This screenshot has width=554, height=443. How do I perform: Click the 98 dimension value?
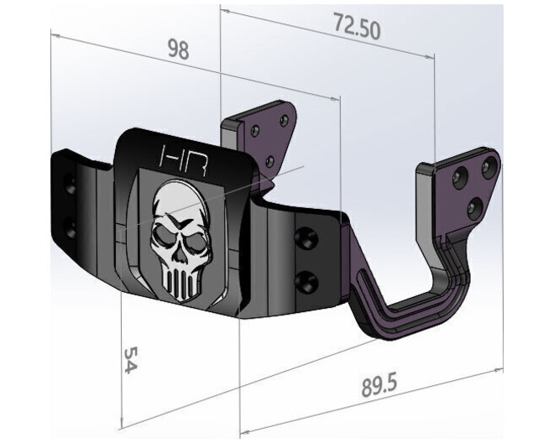pyautogui.click(x=177, y=49)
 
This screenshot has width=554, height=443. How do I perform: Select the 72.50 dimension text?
pyautogui.click(x=357, y=28)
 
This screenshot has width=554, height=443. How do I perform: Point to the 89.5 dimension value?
pyautogui.click(x=379, y=387)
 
